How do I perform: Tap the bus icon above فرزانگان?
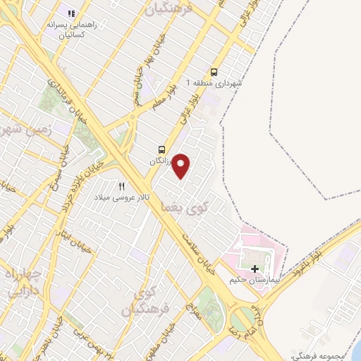pos(162,149)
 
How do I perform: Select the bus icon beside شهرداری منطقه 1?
pos(214,71)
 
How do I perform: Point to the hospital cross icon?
pos(255,269)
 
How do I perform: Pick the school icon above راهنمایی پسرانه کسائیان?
pos(70,13)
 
